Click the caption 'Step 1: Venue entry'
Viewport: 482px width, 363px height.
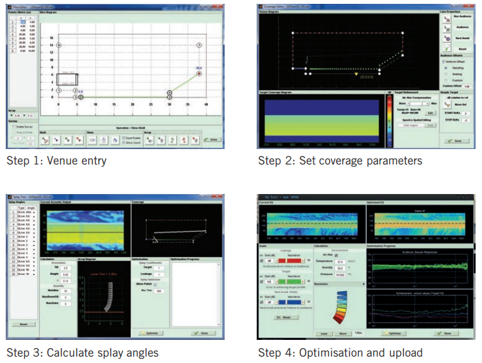tap(56, 161)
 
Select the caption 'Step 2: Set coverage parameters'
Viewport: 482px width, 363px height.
tap(340, 161)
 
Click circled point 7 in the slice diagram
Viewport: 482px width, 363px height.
tap(199, 46)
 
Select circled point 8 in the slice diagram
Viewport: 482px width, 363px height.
tap(59, 46)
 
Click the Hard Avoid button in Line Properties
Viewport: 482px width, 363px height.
tap(447, 38)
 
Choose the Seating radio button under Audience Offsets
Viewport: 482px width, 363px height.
tap(446, 73)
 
